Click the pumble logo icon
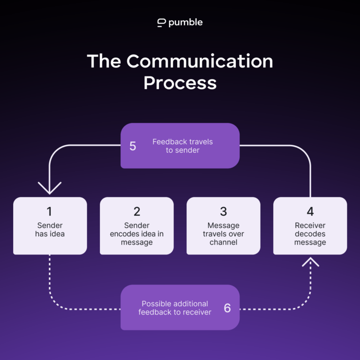(x=161, y=22)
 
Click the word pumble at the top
(x=186, y=22)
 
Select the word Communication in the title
(x=199, y=61)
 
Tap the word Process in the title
(x=180, y=82)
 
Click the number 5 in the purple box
(x=133, y=146)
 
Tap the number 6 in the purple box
(x=227, y=308)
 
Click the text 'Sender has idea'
(x=50, y=230)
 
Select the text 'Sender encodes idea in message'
(x=136, y=234)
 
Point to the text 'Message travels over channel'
(x=223, y=234)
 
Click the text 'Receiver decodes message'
(x=310, y=234)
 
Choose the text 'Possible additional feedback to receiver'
(x=175, y=308)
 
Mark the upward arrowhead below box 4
(x=310, y=261)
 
